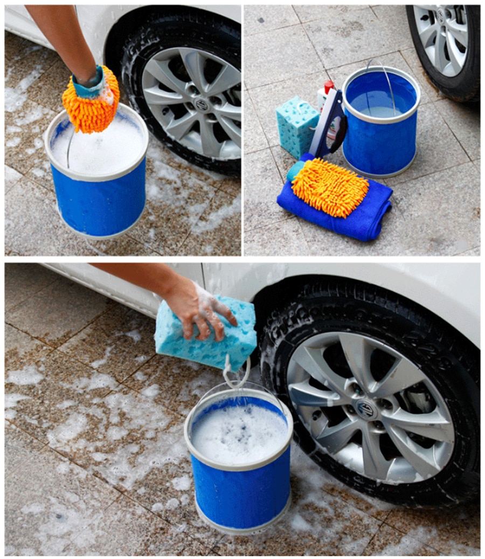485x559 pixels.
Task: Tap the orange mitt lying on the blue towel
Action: [x=330, y=187]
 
